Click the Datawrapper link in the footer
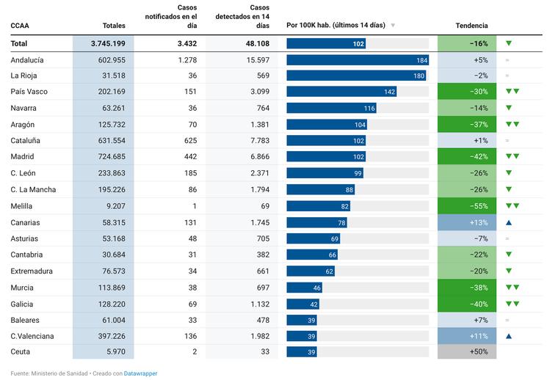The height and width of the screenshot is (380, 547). point(140,373)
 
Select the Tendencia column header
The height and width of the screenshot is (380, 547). point(471,26)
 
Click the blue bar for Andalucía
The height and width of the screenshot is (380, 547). point(358,60)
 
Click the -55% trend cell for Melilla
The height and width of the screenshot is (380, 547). point(467,206)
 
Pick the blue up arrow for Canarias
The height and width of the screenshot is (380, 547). point(508,222)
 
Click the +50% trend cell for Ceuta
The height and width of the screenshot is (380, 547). point(467,353)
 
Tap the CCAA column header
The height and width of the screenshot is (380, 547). point(20,26)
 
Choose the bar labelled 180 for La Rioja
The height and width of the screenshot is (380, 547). point(356,76)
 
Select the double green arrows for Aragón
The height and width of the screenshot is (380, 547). point(512,125)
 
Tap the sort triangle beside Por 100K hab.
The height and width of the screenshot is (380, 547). point(393,26)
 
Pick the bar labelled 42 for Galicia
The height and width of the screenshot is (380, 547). point(303,304)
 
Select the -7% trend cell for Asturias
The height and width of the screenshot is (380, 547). point(467,239)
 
